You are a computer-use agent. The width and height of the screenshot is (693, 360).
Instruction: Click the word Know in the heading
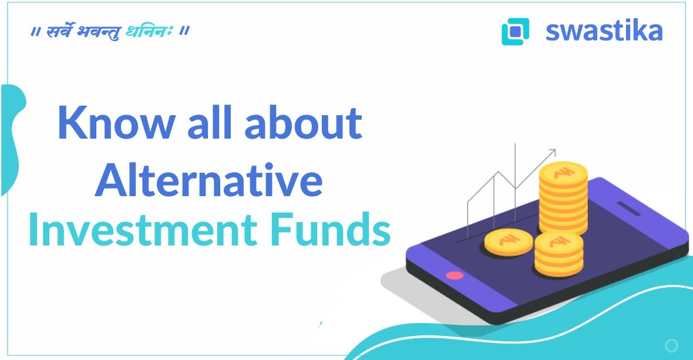pyautogui.click(x=116, y=123)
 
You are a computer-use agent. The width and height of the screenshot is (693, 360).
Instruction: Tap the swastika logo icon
pyautogui.click(x=515, y=32)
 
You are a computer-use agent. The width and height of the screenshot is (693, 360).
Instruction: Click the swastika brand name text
pyautogui.click(x=604, y=31)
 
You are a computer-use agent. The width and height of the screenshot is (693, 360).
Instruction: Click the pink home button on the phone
pyautogui.click(x=455, y=275)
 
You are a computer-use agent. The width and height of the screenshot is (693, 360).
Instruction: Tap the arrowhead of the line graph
pyautogui.click(x=552, y=153)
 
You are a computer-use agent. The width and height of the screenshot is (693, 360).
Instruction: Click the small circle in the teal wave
pyautogui.click(x=671, y=345)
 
